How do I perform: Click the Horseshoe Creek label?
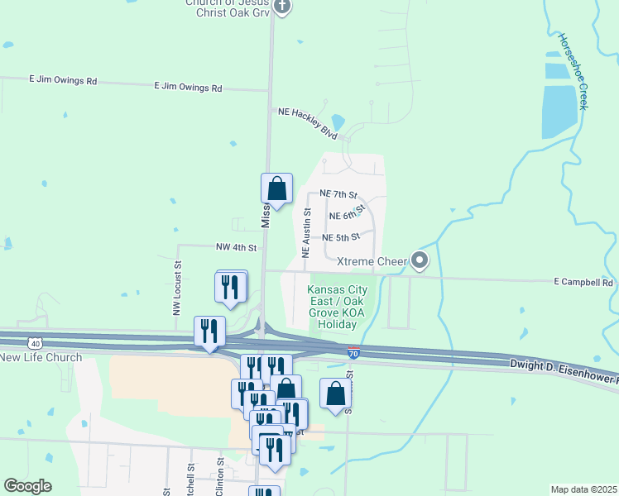click(x=572, y=71)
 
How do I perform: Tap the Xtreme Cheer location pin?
click(x=420, y=261)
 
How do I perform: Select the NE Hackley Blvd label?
click(x=308, y=122)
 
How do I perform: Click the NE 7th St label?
click(x=338, y=194)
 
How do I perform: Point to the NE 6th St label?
click(x=347, y=214)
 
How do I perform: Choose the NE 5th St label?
click(x=341, y=236)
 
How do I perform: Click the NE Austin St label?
click(x=306, y=234)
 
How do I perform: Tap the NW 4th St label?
click(x=236, y=246)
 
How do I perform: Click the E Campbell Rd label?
click(x=583, y=282)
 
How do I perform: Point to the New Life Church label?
click(x=41, y=357)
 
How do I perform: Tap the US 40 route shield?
click(x=34, y=342)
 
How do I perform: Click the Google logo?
click(x=27, y=486)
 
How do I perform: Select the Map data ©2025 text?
click(x=583, y=489)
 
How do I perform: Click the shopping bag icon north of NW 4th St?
click(x=277, y=188)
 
